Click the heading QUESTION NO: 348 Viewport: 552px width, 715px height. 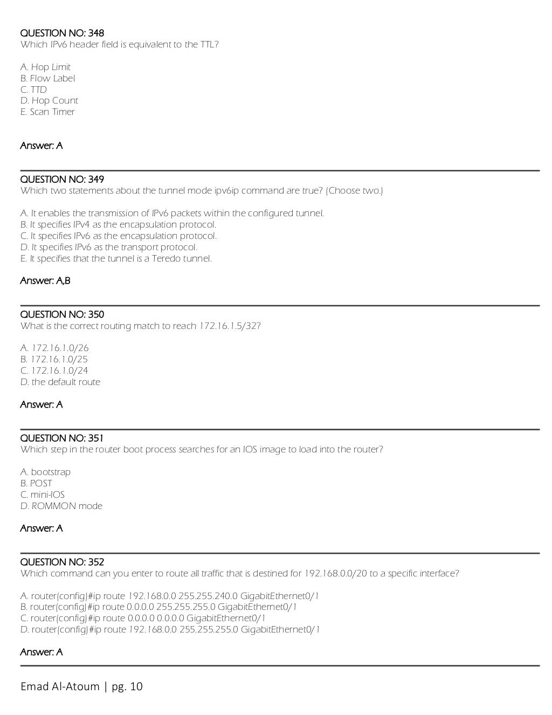pyautogui.click(x=62, y=33)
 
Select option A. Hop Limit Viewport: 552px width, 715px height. pyautogui.click(x=45, y=67)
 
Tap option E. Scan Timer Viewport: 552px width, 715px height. pyautogui.click(x=47, y=112)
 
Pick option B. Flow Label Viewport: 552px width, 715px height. pyautogui.click(x=47, y=79)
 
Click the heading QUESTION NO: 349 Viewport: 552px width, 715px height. pyautogui.click(x=62, y=180)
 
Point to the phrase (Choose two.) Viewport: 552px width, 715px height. pyautogui.click(x=355, y=191)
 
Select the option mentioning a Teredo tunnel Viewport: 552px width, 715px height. pyautogui.click(x=116, y=259)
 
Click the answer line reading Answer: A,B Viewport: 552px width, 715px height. pyautogui.click(x=45, y=281)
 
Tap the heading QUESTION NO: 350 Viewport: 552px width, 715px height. pyautogui.click(x=62, y=315)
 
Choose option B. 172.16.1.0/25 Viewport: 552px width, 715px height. pyautogui.click(x=54, y=360)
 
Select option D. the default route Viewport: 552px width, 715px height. pyautogui.click(x=60, y=382)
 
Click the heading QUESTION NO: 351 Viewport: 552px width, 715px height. pyautogui.click(x=62, y=438)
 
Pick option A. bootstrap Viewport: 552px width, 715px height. pyautogui.click(x=45, y=472)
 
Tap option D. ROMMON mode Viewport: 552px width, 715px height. pyautogui.click(x=61, y=506)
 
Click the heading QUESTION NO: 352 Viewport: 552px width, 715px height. pyautogui.click(x=62, y=562)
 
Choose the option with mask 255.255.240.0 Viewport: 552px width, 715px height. pyautogui.click(x=170, y=596)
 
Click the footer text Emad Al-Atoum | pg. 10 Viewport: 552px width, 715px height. pyautogui.click(x=82, y=686)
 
